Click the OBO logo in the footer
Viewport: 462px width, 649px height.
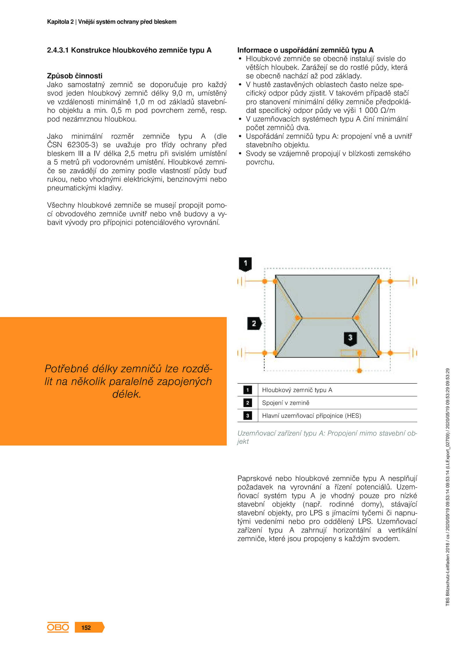click(x=58, y=627)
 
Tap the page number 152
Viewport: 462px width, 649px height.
click(x=86, y=627)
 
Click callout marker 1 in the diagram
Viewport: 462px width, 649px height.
click(x=245, y=263)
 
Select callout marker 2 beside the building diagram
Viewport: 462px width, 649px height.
click(x=254, y=323)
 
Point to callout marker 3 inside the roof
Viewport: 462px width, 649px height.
click(x=350, y=338)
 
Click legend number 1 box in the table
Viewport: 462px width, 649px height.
click(x=247, y=390)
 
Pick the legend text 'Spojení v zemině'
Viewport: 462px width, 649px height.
click(x=285, y=403)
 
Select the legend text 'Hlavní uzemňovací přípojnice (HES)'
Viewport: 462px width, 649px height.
click(x=311, y=416)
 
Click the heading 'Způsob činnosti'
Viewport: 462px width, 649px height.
click(x=74, y=76)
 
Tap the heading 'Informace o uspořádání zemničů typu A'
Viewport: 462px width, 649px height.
click(x=305, y=50)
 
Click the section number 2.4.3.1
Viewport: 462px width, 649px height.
click(x=58, y=50)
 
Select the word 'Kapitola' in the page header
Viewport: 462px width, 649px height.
click(x=58, y=22)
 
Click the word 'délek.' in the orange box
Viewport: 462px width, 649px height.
click(x=127, y=394)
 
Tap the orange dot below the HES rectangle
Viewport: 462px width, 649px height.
click(x=359, y=371)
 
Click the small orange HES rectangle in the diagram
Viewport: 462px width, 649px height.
click(x=353, y=353)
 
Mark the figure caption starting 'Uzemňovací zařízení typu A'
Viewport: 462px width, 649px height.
click(x=327, y=437)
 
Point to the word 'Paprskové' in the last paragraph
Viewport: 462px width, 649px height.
click(x=254, y=478)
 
